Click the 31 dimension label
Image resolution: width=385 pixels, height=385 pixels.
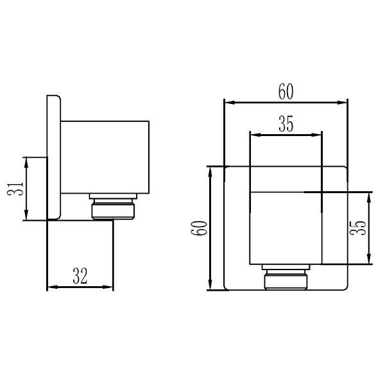pyautogui.click(x=15, y=188)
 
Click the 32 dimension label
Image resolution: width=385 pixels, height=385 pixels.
pyautogui.click(x=80, y=276)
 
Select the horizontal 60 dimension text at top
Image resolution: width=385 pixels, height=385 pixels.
pyautogui.click(x=286, y=92)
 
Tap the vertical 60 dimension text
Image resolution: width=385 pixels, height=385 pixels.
pyautogui.click(x=199, y=228)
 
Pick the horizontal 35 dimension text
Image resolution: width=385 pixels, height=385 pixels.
pyautogui.click(x=286, y=124)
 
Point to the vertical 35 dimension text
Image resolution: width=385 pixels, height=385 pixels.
pyautogui.click(x=358, y=228)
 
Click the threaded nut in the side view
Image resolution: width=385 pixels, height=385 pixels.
pyautogui.click(x=113, y=209)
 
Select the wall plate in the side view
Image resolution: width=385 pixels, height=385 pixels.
pyautogui.click(x=54, y=157)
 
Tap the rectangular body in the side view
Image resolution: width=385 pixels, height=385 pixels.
pyautogui.click(x=105, y=157)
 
